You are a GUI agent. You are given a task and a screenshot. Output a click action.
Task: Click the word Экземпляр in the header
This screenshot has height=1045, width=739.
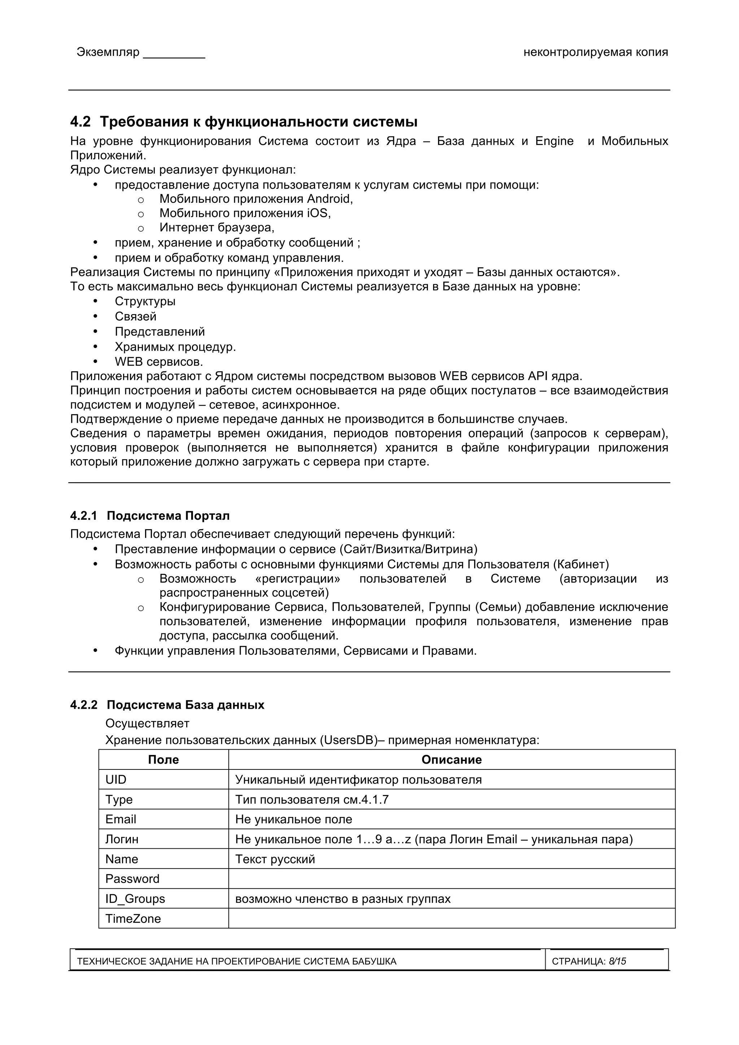pyautogui.click(x=108, y=52)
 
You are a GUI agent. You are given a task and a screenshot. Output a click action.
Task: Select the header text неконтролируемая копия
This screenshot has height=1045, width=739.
pyautogui.click(x=596, y=52)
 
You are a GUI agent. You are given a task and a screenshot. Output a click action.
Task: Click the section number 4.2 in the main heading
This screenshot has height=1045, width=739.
pyautogui.click(x=80, y=122)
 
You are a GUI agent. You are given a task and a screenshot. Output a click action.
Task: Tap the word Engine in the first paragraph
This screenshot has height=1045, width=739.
pyautogui.click(x=554, y=141)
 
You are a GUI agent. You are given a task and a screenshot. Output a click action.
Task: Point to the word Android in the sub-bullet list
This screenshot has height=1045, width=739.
pyautogui.click(x=329, y=199)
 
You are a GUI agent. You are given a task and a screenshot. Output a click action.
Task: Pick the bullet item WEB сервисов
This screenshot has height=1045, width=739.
pyautogui.click(x=158, y=362)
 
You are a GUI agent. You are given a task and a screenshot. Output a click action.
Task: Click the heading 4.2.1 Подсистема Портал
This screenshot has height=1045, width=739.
pyautogui.click(x=150, y=516)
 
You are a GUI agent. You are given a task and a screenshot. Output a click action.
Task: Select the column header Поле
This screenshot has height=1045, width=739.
pyautogui.click(x=163, y=760)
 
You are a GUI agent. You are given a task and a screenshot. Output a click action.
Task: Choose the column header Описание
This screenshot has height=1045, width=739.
pyautogui.click(x=451, y=760)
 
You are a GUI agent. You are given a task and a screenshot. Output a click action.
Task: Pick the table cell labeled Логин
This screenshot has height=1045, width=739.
pyautogui.click(x=122, y=839)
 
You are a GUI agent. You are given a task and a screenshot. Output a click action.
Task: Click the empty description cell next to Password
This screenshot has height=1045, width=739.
pyautogui.click(x=451, y=879)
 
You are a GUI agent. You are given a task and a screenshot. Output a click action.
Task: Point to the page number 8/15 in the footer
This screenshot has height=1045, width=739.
pyautogui.click(x=617, y=961)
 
